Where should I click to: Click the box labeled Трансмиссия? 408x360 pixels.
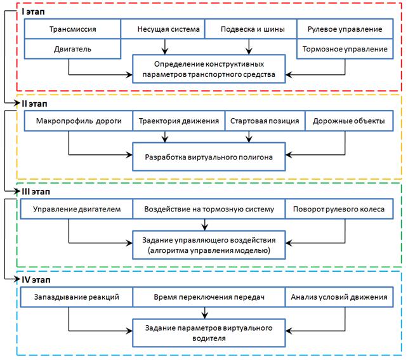[72, 29]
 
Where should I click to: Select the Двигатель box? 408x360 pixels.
[72, 49]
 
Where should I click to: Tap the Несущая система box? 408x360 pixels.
[163, 29]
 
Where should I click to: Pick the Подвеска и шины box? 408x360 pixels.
[251, 29]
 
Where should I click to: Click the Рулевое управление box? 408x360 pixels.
[345, 29]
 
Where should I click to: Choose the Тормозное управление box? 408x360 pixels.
[345, 49]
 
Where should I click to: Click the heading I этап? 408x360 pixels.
[33, 11]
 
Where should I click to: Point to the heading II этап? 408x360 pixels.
[34, 104]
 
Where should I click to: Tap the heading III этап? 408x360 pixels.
[36, 192]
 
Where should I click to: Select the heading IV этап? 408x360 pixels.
[36, 280]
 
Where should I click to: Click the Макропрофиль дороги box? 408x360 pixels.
[79, 121]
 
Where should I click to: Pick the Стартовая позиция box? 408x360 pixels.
[265, 121]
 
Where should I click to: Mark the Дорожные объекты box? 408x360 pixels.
[349, 121]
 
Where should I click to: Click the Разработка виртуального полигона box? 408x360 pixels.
[209, 157]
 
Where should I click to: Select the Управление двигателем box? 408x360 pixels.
[77, 209]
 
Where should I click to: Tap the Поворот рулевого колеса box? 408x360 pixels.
[339, 209]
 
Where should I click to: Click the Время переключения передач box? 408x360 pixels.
[209, 297]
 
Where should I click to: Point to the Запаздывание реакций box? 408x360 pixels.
[77, 297]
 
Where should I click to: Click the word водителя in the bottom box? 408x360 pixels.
[209, 338]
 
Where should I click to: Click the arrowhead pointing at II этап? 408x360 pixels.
[17, 103]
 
